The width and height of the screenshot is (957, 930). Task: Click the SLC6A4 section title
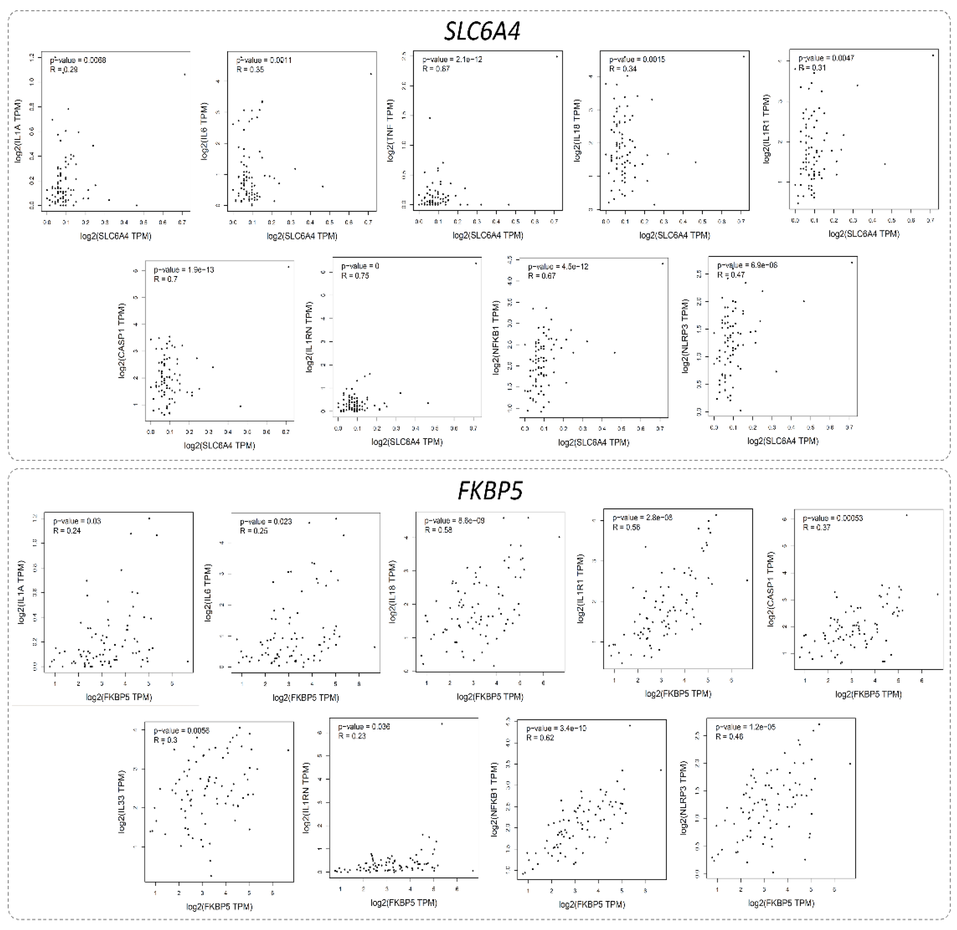(x=482, y=31)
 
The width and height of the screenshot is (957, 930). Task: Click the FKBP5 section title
(x=490, y=490)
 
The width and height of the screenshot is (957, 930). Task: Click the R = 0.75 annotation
(x=355, y=276)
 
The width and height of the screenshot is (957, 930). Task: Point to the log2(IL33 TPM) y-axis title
(x=122, y=801)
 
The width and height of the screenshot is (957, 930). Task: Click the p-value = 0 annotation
(x=360, y=266)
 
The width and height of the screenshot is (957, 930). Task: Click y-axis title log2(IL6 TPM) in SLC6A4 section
(x=204, y=131)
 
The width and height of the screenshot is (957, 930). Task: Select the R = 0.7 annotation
(x=165, y=279)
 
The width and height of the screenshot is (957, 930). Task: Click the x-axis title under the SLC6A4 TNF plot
(x=488, y=235)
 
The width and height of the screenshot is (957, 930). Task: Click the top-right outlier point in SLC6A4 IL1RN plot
(x=475, y=264)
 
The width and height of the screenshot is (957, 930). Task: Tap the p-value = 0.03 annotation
(x=77, y=521)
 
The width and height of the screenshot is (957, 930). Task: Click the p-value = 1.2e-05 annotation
(x=745, y=727)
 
